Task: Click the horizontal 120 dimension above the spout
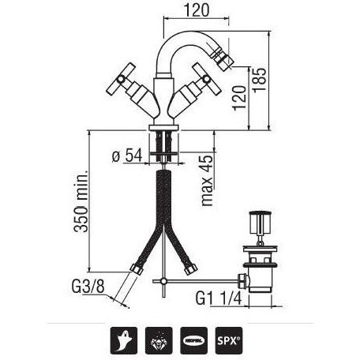197,10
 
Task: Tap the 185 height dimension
260,80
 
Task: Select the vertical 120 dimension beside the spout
239,98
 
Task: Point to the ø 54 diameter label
127,156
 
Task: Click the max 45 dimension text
207,181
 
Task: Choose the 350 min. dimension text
81,201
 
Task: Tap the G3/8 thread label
88,287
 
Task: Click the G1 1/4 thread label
219,298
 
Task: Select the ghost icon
124,340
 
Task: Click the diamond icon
159,340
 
